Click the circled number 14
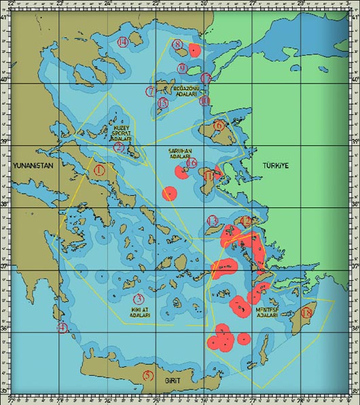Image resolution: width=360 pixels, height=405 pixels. [122, 43]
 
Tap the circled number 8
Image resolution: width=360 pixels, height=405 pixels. [177, 46]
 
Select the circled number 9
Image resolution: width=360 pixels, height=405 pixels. [183, 68]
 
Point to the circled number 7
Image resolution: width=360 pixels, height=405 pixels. [150, 92]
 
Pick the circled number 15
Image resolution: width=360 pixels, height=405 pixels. [162, 103]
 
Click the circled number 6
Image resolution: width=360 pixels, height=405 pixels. [219, 125]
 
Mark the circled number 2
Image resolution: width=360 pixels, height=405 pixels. [118, 147]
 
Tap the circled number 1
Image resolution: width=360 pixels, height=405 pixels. [100, 169]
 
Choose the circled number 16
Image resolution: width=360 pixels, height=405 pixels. [192, 163]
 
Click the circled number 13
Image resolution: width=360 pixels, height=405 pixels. [213, 221]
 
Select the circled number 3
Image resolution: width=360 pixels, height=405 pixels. [139, 299]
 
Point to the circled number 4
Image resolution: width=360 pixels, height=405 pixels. [62, 328]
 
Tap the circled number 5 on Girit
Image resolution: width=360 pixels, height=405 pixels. [148, 376]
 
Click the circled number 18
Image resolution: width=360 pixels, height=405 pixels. [307, 313]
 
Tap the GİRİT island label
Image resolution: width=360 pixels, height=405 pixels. [173, 381]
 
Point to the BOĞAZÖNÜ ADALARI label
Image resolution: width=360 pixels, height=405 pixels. [183, 92]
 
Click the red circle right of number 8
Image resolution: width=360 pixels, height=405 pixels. [195, 50]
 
